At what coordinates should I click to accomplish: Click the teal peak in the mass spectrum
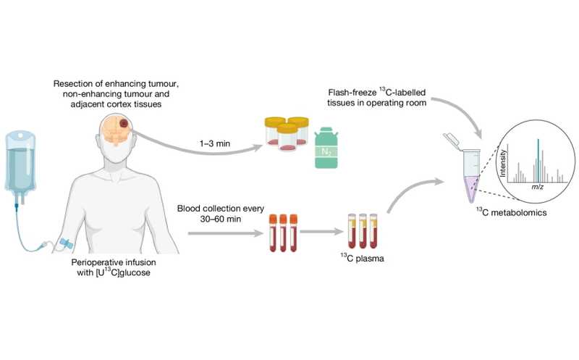click(x=536, y=156)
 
